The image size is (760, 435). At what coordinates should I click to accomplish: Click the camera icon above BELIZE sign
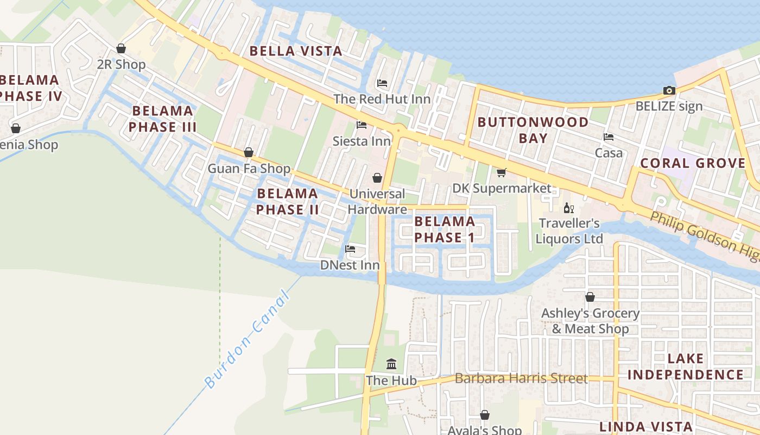[669, 90]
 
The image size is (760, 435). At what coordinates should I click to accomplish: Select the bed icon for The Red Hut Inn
[382, 83]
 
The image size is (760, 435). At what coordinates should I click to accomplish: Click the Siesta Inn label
[362, 141]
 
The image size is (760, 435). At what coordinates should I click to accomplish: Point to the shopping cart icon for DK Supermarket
[501, 172]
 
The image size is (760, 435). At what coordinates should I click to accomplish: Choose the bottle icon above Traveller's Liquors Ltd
[568, 208]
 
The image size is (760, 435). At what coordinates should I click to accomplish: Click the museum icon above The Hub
[391, 364]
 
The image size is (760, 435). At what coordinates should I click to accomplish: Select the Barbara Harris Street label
[521, 378]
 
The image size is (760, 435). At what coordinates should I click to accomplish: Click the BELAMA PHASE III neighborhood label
[162, 119]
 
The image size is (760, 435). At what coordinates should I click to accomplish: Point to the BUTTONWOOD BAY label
[533, 130]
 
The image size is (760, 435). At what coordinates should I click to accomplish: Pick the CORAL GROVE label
[693, 163]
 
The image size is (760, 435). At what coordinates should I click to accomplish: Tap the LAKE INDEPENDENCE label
[686, 366]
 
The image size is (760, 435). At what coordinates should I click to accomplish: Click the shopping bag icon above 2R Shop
[121, 48]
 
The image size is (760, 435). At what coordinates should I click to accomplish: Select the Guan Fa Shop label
[249, 169]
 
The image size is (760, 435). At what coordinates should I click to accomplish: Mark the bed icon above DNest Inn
[350, 249]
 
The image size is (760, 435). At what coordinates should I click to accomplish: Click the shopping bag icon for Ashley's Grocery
[590, 297]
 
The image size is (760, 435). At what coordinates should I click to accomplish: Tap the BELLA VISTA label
[296, 52]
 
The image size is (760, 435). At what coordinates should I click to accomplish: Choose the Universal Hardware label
[377, 201]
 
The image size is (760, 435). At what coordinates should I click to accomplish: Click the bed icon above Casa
[609, 137]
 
